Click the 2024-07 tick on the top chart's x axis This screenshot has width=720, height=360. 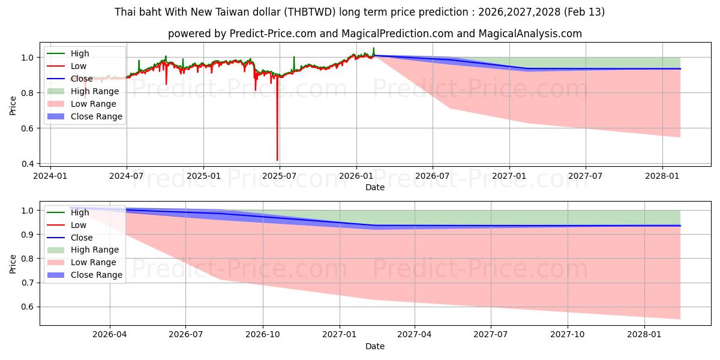(127, 176)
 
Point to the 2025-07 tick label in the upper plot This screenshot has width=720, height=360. (280, 176)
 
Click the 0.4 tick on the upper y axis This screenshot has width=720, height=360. (28, 163)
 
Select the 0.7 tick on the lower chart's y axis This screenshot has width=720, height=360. (28, 283)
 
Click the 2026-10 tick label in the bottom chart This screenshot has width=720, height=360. (263, 335)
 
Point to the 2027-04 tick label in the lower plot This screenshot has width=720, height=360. (415, 335)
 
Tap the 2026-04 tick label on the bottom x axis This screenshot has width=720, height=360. (110, 335)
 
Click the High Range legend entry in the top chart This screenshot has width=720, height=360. (95, 91)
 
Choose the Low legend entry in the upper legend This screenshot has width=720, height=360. (79, 66)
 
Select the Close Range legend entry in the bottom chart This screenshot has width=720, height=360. (97, 275)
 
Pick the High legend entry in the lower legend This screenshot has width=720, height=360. (80, 212)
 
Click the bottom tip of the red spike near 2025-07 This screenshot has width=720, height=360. (277, 160)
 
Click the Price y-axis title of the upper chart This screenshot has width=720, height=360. (13, 106)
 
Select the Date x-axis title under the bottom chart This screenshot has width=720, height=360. (375, 346)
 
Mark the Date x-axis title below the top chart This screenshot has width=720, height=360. (375, 187)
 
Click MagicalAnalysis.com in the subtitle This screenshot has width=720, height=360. (530, 34)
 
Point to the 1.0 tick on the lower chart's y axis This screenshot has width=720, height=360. (28, 211)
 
